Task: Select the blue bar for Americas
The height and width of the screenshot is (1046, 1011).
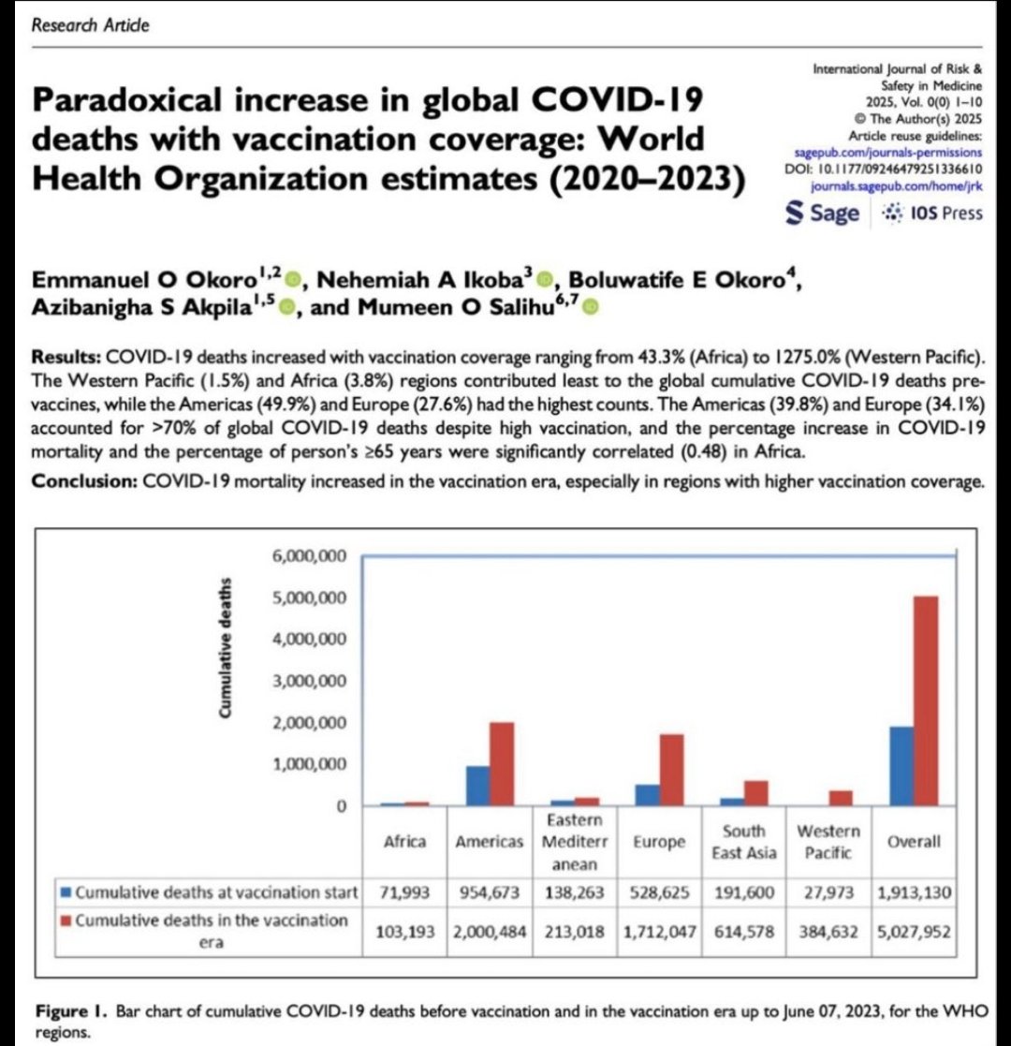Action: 477,786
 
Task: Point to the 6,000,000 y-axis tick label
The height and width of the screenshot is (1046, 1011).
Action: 310,557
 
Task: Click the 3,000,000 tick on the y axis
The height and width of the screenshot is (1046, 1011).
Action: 310,682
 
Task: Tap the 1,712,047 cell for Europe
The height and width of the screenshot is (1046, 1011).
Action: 658,935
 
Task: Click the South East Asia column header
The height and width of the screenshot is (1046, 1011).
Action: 743,840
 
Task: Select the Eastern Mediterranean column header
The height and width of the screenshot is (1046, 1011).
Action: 574,840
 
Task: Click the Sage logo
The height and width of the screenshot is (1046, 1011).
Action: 823,213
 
